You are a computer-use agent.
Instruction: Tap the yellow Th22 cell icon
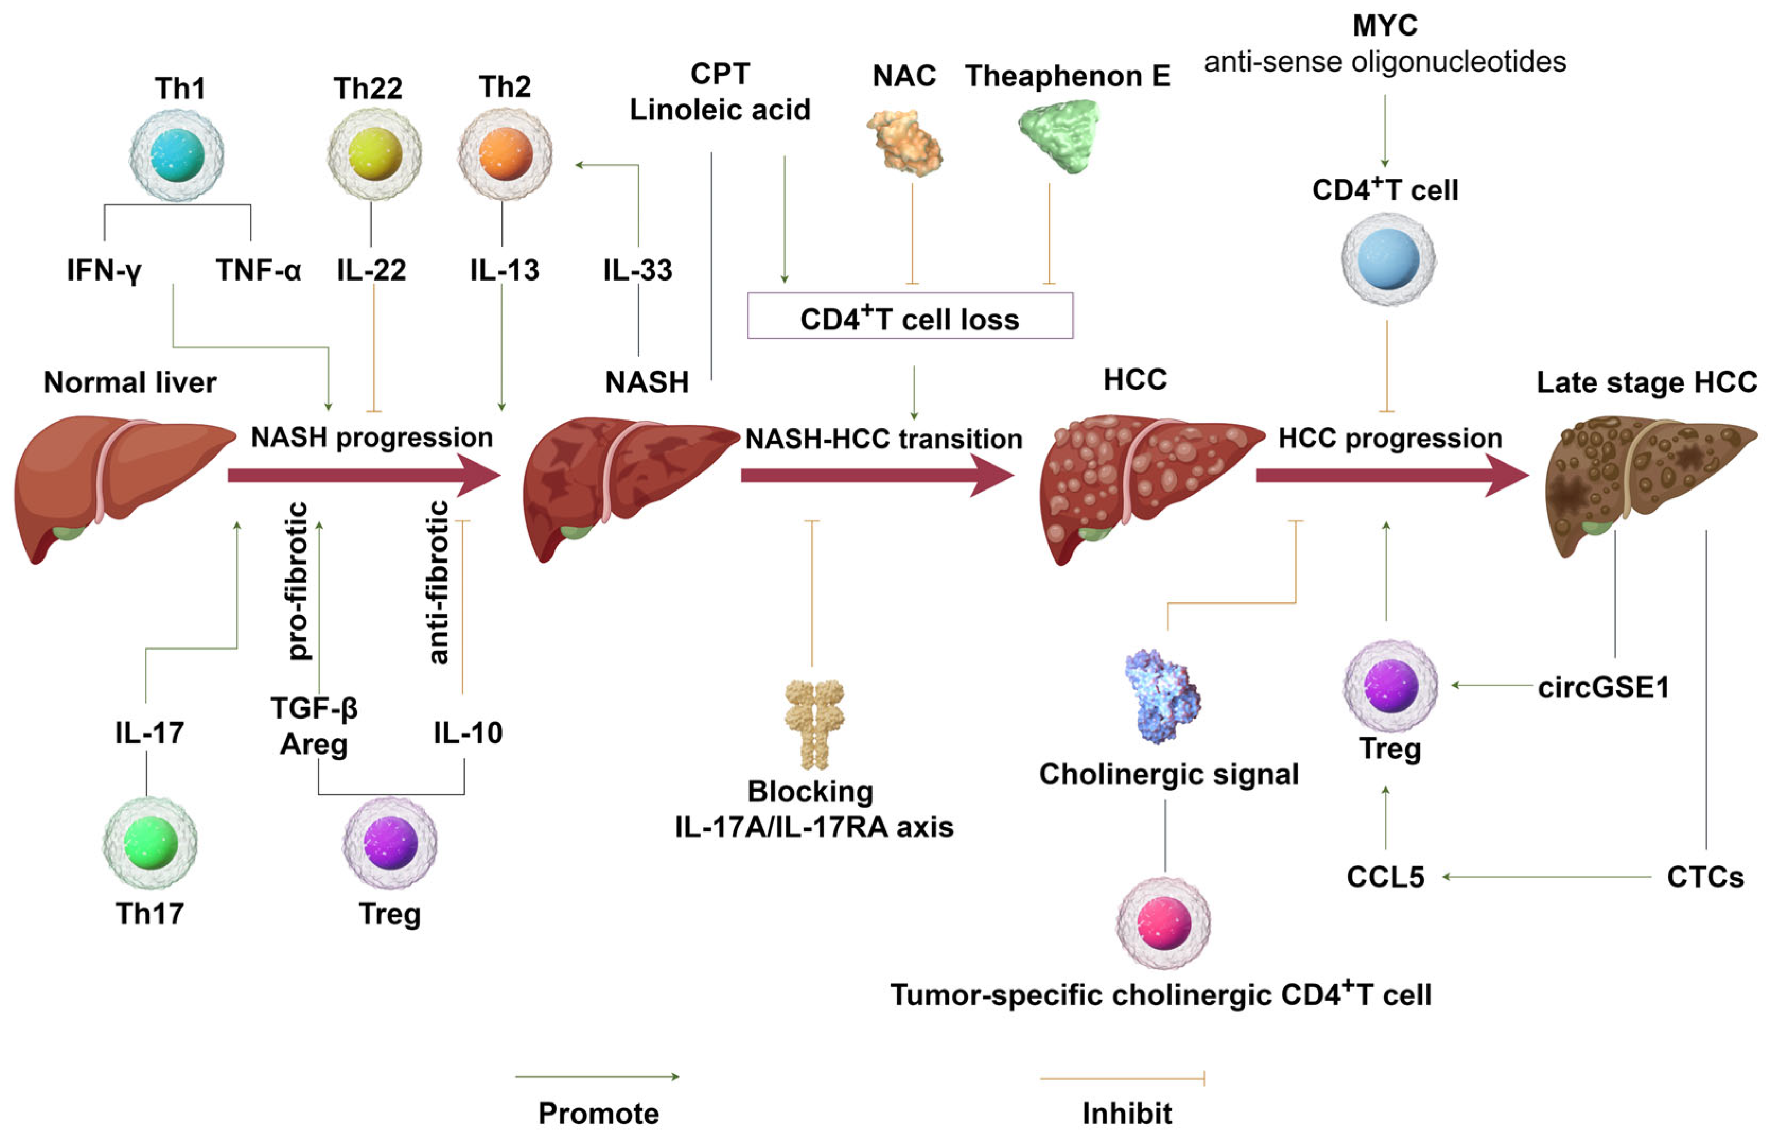click(x=375, y=154)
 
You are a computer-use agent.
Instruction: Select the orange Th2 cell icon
click(x=505, y=154)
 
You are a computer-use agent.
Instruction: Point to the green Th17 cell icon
click(x=150, y=843)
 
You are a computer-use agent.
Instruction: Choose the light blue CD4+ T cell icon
click(x=1388, y=259)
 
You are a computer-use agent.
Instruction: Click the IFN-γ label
click(x=104, y=270)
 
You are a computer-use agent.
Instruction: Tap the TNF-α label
click(x=259, y=270)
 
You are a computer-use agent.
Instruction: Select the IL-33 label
click(x=638, y=270)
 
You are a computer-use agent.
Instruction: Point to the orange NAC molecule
click(x=905, y=143)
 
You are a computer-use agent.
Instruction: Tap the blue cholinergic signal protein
click(x=1162, y=695)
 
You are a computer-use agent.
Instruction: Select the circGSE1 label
click(x=1603, y=688)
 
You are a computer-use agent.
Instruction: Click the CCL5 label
click(x=1385, y=877)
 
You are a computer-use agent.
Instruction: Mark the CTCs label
click(x=1705, y=877)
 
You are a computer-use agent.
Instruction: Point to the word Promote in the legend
click(x=598, y=1113)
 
